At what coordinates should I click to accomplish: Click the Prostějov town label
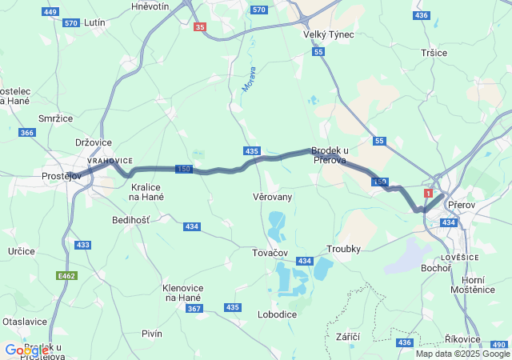tap(62, 176)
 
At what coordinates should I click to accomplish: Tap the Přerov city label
tap(462, 205)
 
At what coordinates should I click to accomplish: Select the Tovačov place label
tap(270, 253)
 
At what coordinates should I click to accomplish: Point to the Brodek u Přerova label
tap(330, 155)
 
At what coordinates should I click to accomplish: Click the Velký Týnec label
tap(328, 34)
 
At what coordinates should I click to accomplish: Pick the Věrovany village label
tap(272, 196)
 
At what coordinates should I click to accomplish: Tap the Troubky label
tap(345, 249)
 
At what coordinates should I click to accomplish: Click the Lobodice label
tap(277, 314)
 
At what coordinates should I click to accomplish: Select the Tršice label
tap(434, 52)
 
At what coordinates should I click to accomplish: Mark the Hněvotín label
tap(150, 6)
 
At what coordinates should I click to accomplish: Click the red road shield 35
tap(200, 27)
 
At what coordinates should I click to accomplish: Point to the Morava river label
tap(248, 78)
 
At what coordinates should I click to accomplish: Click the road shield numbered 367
tap(194, 308)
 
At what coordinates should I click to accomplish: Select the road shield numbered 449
tap(50, 12)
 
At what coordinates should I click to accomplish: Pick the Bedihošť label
tap(130, 219)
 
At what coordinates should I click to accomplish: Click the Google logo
tap(26, 350)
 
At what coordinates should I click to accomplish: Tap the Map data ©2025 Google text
tap(462, 354)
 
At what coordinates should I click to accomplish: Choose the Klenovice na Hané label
tap(182, 292)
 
